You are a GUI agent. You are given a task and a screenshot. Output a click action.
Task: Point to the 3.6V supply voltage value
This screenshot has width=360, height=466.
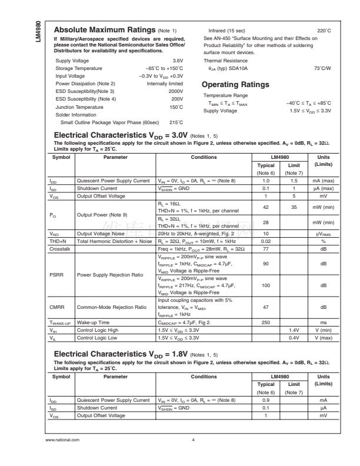click(178, 61)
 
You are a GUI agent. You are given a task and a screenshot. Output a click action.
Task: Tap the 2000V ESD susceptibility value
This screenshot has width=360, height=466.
click(176, 91)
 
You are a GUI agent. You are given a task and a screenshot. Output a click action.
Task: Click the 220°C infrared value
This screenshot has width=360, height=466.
click(324, 31)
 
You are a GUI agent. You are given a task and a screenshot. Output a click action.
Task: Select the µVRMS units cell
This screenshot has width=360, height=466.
click(324, 234)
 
